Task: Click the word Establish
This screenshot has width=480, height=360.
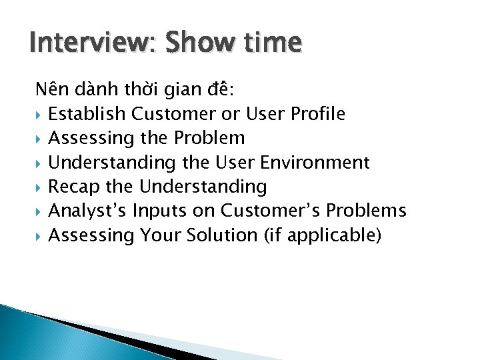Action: [87, 114]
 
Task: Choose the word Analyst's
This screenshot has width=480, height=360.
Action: [87, 211]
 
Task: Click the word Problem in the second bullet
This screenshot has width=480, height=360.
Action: [209, 138]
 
